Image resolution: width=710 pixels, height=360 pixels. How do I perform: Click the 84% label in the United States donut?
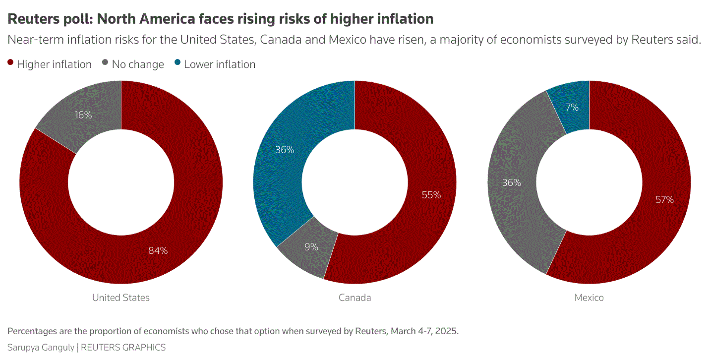click(x=158, y=250)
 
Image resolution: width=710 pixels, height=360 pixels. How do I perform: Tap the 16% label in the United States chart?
click(x=83, y=115)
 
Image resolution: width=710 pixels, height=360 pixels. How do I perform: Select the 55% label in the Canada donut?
click(x=431, y=195)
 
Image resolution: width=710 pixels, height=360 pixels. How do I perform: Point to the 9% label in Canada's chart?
click(x=311, y=246)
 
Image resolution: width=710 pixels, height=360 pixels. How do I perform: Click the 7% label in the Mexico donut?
click(x=572, y=107)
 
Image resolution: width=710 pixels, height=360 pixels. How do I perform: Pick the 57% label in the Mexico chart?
click(x=664, y=199)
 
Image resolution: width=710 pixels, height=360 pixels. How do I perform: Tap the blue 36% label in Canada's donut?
click(x=285, y=150)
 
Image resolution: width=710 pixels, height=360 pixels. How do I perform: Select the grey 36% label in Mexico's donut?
click(x=511, y=182)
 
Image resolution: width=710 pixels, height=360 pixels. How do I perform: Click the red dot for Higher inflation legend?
click(x=10, y=63)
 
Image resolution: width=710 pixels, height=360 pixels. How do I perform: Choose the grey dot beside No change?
click(x=105, y=63)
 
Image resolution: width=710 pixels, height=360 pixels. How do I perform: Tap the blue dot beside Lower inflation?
click(x=177, y=63)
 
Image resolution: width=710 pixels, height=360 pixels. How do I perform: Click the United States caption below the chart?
click(x=120, y=298)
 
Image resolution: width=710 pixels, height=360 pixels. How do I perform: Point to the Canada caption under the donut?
click(x=355, y=298)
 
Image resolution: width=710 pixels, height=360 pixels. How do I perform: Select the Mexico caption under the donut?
click(x=589, y=298)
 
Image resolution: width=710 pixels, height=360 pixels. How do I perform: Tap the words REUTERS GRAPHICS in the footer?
click(x=123, y=347)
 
